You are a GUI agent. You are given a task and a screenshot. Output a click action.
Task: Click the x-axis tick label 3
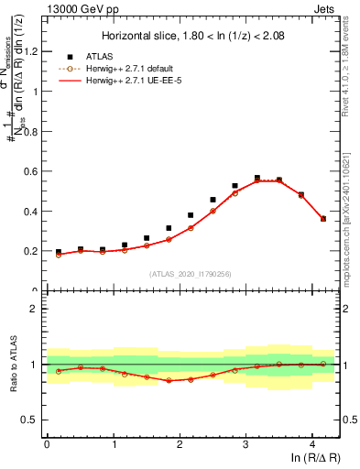point(245,445)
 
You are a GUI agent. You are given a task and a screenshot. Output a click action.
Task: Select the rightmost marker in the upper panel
point(323,219)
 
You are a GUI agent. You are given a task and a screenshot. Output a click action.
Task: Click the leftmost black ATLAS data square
point(59,252)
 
